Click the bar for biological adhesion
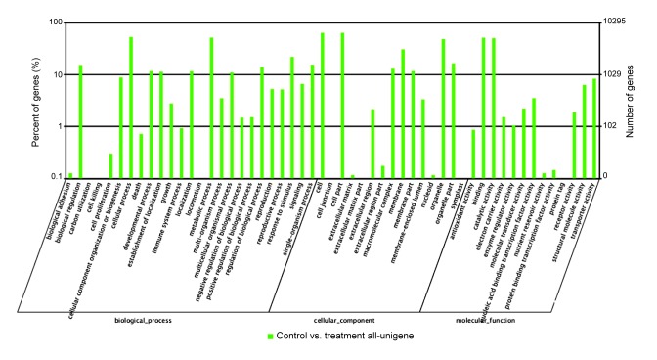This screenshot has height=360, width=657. pos(70,175)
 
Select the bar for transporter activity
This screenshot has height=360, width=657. pos(593,128)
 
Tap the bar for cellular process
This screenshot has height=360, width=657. pos(131,108)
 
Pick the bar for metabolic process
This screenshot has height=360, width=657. pos(211,108)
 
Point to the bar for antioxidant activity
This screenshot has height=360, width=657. pos(473,154)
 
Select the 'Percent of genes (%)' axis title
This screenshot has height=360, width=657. pos(35,98)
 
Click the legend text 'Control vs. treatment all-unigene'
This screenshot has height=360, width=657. pos(332,336)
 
